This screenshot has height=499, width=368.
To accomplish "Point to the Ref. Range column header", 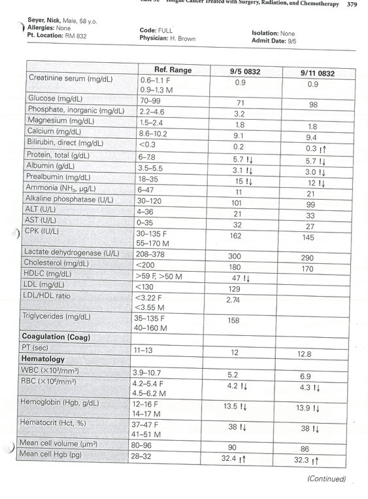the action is coord(173,70).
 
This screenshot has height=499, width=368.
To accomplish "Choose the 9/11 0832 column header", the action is coord(317,73).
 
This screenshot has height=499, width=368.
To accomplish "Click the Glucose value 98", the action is coord(313,105).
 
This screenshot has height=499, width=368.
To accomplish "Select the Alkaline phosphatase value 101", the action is coord(239,203).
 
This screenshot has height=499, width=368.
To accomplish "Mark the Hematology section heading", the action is coord(43,360).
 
